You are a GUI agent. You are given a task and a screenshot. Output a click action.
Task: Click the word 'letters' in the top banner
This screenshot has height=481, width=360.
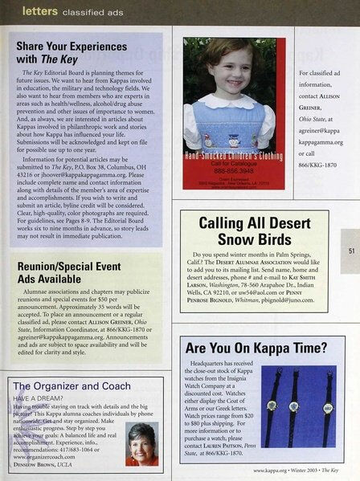pos(39,10)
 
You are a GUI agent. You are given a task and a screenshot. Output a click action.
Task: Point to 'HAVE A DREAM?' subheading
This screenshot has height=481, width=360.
pos(39,398)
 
